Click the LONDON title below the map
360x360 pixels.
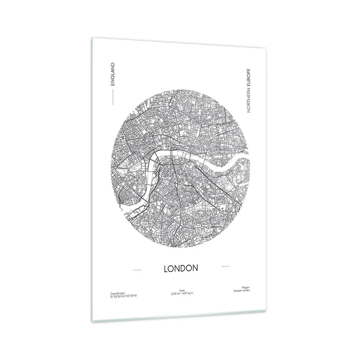[x=181, y=268]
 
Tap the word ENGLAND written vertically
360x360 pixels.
[x=112, y=74]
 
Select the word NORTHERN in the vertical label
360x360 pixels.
[x=248, y=100]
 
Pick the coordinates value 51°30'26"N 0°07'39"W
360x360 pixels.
[x=123, y=296]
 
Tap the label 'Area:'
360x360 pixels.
[x=182, y=290]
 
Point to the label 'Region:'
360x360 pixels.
[x=246, y=287]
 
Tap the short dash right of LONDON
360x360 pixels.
[x=225, y=266]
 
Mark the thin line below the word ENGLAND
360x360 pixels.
[x=112, y=96]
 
